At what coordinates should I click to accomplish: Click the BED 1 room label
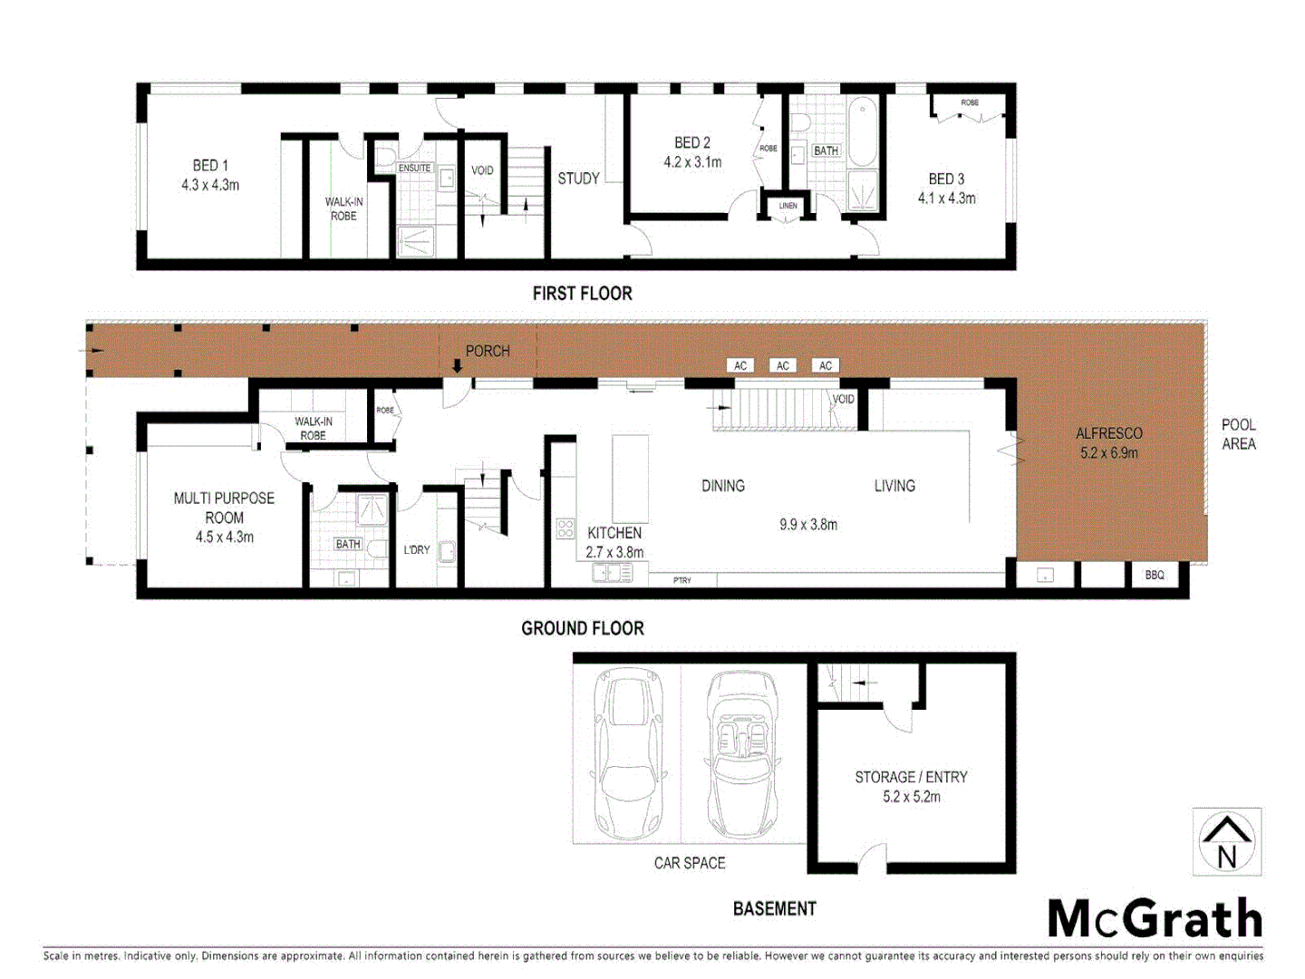tap(210, 166)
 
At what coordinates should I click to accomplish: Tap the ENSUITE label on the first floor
tap(414, 168)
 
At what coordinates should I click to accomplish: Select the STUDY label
tap(578, 179)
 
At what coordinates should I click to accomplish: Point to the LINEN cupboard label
tap(788, 206)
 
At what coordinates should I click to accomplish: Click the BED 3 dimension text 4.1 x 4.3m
tap(946, 199)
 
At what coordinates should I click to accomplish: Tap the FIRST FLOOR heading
tap(582, 294)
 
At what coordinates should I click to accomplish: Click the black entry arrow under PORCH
tap(458, 366)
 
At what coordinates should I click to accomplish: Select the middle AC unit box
tap(783, 365)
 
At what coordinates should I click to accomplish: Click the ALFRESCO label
tap(1108, 433)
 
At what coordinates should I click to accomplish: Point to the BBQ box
tap(1154, 575)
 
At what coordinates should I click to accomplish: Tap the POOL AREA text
tap(1238, 434)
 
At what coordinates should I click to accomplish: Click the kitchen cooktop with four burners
tap(565, 528)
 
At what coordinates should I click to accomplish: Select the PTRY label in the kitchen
tap(681, 580)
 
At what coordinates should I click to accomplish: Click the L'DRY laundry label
tap(417, 549)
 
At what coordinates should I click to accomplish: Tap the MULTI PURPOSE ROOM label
tap(224, 508)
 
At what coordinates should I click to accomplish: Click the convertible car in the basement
tap(742, 754)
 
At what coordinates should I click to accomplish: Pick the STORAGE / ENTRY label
tap(911, 777)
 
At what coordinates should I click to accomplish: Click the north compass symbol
tap(1227, 841)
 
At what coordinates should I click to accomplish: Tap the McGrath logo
tap(1155, 919)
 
